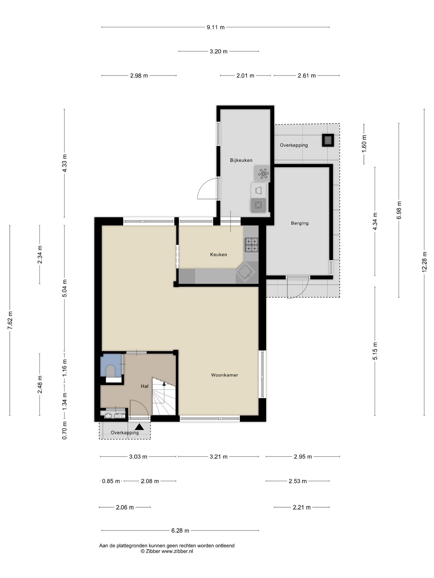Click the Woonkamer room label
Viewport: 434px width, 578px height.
pos(224,375)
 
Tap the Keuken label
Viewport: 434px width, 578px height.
pos(219,255)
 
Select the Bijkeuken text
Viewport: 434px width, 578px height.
pos(241,160)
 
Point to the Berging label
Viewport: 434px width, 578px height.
pos(300,223)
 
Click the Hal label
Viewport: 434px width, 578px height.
pos(144,386)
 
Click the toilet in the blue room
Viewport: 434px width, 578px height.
pos(111,371)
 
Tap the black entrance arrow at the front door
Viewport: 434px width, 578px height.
pos(139,427)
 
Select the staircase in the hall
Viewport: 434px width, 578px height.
pos(164,396)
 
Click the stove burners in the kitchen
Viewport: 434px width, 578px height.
pos(251,245)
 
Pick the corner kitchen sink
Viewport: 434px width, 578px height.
pos(245,272)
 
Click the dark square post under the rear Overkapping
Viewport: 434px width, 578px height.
pos(328,140)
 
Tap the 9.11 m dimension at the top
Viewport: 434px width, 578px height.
pos(215,27)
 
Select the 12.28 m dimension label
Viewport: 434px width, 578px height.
pos(424,262)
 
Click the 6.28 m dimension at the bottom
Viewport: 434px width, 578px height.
pos(180,530)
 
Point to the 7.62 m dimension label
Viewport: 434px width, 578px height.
pos(10,320)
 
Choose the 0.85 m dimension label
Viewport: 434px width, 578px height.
pos(111,481)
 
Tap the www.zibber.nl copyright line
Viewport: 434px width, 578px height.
pos(167,551)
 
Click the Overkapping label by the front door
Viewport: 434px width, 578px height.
pos(125,433)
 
